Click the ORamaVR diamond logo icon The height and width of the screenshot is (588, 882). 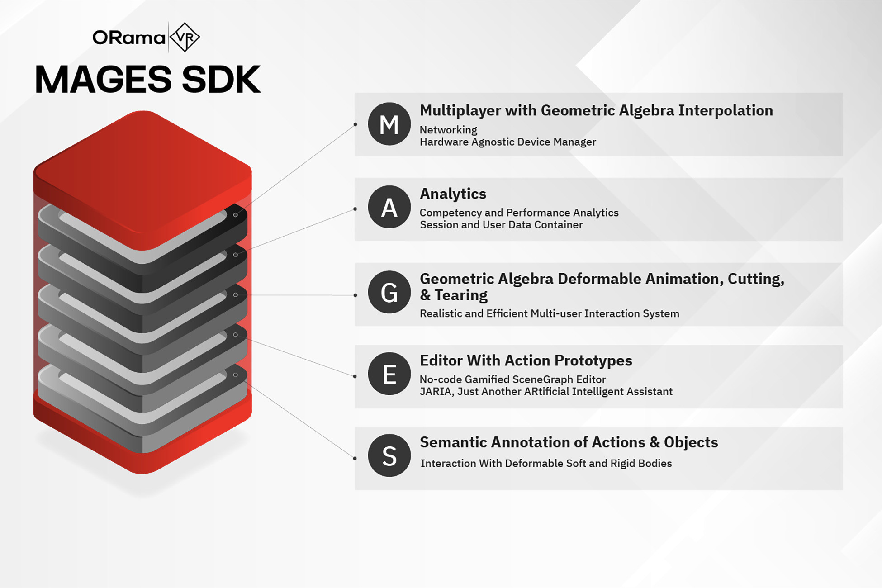click(x=185, y=37)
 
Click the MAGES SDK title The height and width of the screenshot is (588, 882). click(x=148, y=79)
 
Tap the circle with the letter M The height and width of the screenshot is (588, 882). click(x=389, y=124)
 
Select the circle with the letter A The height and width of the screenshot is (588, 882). click(x=389, y=207)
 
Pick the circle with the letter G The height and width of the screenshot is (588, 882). click(x=389, y=292)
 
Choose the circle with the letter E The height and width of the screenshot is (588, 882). click(x=389, y=374)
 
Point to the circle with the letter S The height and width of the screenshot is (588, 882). click(x=389, y=455)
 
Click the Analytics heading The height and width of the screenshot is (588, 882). click(x=453, y=194)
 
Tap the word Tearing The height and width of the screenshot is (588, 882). click(x=461, y=295)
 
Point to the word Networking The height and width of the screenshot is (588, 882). click(x=448, y=130)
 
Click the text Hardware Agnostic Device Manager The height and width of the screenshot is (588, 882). click(x=507, y=142)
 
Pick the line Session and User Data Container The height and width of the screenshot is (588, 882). click(x=501, y=225)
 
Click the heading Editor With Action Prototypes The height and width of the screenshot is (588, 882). click(x=526, y=360)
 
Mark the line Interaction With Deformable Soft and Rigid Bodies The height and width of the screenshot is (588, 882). click(x=546, y=463)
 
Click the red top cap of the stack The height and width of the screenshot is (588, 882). click(x=142, y=176)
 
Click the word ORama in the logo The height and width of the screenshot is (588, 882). click(x=128, y=38)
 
